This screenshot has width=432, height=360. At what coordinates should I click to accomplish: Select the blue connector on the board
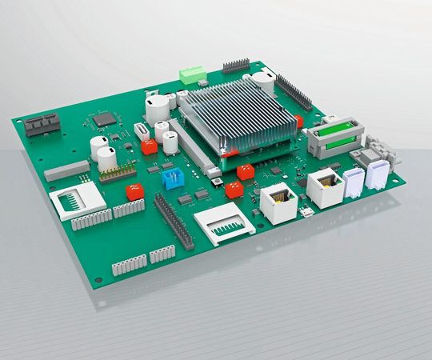pyautogui.click(x=171, y=178)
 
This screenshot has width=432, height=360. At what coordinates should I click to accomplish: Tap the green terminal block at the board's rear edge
pyautogui.click(x=190, y=75)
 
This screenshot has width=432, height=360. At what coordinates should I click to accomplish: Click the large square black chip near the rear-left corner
pyautogui.click(x=104, y=120)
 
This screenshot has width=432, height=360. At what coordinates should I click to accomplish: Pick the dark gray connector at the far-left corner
pyautogui.click(x=42, y=125)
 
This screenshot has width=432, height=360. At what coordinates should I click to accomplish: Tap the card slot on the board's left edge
pyautogui.click(x=76, y=202)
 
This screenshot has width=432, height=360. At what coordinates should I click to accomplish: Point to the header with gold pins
pyautogui.click(x=117, y=171)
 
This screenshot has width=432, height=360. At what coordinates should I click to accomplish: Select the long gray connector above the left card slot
pyautogui.click(x=67, y=169)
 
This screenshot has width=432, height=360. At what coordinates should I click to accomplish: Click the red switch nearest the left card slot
pyautogui.click(x=134, y=192)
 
